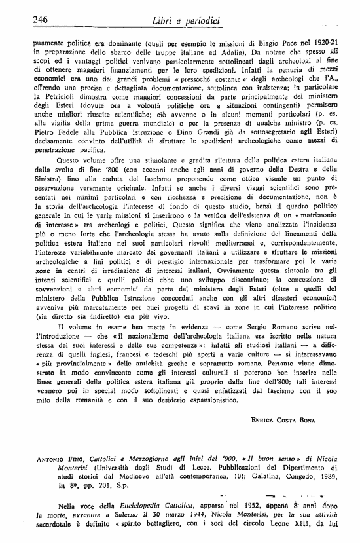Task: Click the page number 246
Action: click(42, 20)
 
